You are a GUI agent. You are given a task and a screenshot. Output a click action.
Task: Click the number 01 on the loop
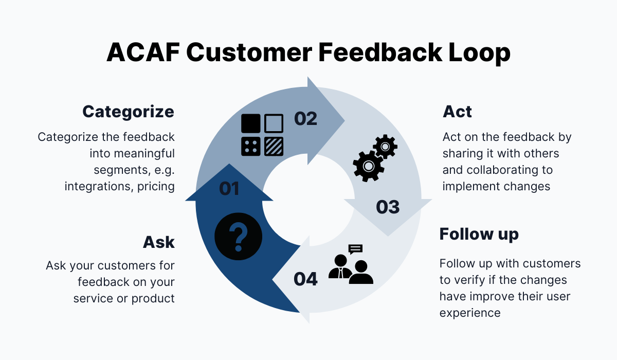point(229,189)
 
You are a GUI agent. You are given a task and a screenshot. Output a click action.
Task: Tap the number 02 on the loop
point(305,119)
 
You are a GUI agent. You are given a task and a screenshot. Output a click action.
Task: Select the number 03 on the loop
point(387,207)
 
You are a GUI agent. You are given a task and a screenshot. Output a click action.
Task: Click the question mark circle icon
point(238,237)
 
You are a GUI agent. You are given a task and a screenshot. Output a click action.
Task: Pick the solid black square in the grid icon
point(251,123)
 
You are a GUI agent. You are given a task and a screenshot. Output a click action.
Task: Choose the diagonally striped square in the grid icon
point(274,146)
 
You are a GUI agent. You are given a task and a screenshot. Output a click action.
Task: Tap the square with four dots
point(251,146)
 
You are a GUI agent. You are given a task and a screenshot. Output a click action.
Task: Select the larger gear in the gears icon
point(368,166)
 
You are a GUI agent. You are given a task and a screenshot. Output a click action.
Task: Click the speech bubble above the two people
point(355,249)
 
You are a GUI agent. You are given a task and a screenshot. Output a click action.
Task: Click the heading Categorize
point(128,112)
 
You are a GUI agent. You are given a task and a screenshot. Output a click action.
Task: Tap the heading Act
point(457,112)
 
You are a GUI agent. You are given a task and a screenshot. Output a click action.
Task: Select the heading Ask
point(159,242)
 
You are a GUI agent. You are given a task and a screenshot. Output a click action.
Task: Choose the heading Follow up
point(479,234)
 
